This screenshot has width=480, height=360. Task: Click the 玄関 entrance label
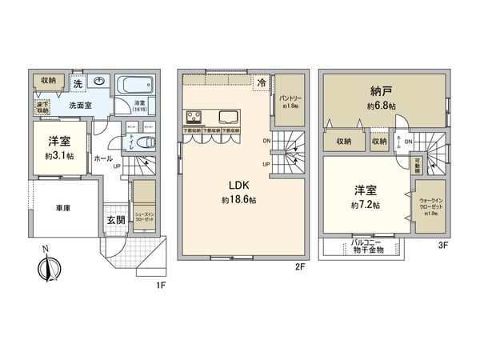(115, 219)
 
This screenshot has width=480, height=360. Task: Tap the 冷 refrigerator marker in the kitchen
(262, 82)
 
